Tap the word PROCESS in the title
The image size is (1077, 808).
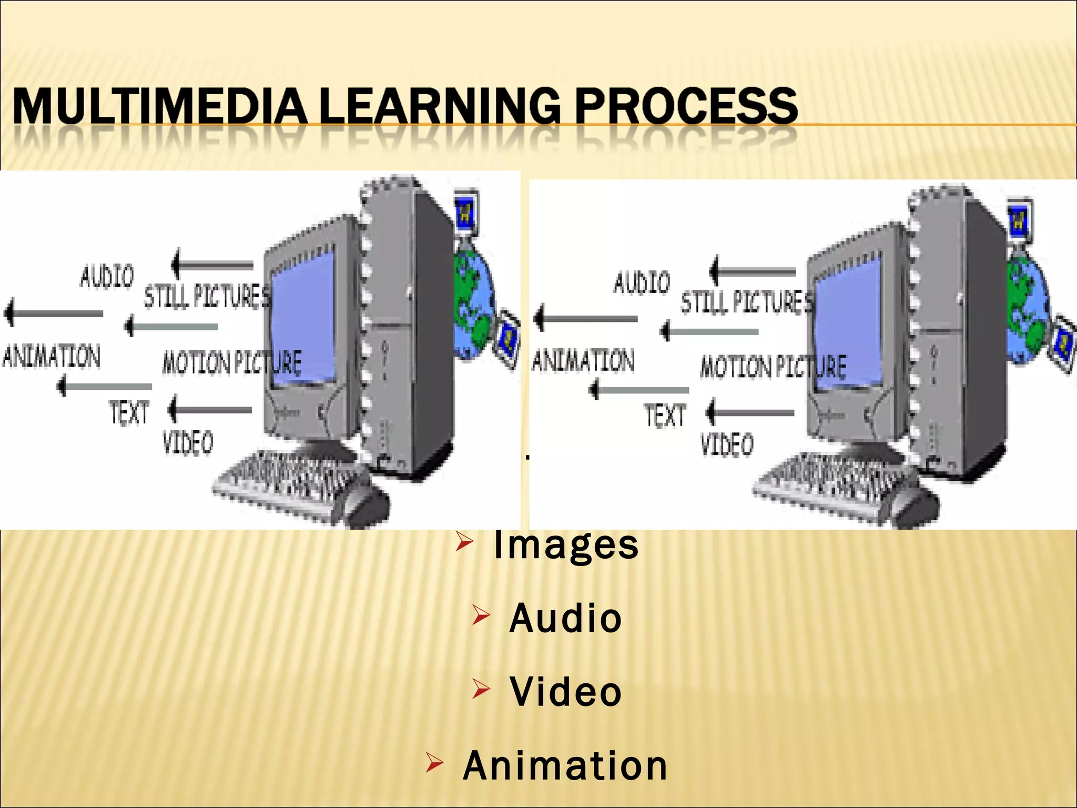point(686,106)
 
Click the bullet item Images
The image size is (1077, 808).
point(566,545)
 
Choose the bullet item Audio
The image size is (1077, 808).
point(566,618)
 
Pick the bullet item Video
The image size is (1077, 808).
point(566,692)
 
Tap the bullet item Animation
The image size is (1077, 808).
point(565,765)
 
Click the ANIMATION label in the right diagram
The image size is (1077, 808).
point(583,361)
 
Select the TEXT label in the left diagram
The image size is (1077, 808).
point(129,412)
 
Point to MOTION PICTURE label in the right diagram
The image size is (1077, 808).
point(773,366)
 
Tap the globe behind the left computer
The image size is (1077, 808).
point(473,305)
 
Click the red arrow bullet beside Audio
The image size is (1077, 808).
point(481,615)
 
